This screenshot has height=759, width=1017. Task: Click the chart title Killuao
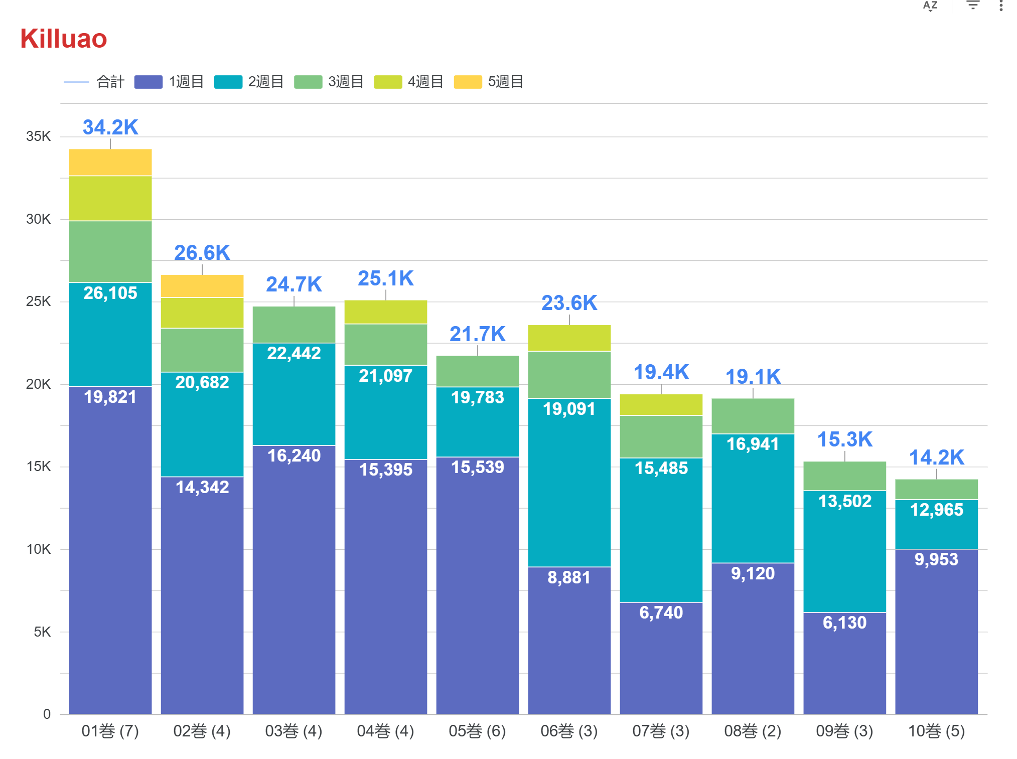[x=64, y=39]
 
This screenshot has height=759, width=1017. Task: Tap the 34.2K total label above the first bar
[x=110, y=127]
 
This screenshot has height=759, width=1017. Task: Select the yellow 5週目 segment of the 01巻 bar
[x=110, y=162]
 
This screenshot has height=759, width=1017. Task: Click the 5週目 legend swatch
[x=468, y=82]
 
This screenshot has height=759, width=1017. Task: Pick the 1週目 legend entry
[x=169, y=82]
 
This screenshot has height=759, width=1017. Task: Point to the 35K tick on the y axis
[x=39, y=136]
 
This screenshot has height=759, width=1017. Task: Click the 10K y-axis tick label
[x=39, y=549]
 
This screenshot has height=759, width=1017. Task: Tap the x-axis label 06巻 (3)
[x=569, y=731]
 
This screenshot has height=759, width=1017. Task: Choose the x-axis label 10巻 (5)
[x=936, y=731]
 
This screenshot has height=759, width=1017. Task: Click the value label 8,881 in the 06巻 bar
[x=569, y=577]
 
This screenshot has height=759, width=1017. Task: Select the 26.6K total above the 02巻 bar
[x=202, y=253]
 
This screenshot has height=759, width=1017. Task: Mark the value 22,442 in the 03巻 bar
[x=294, y=353]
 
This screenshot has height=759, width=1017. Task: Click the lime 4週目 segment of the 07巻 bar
[x=661, y=405]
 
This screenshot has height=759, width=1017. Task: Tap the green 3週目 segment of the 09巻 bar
[x=844, y=476]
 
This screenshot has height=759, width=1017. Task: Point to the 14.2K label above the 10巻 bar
[x=936, y=458]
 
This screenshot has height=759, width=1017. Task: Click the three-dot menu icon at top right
[x=1001, y=6]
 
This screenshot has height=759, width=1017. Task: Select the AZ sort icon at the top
[x=930, y=6]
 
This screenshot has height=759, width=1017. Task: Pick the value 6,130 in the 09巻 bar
[x=844, y=623]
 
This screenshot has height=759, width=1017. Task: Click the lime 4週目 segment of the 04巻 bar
[x=385, y=312]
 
